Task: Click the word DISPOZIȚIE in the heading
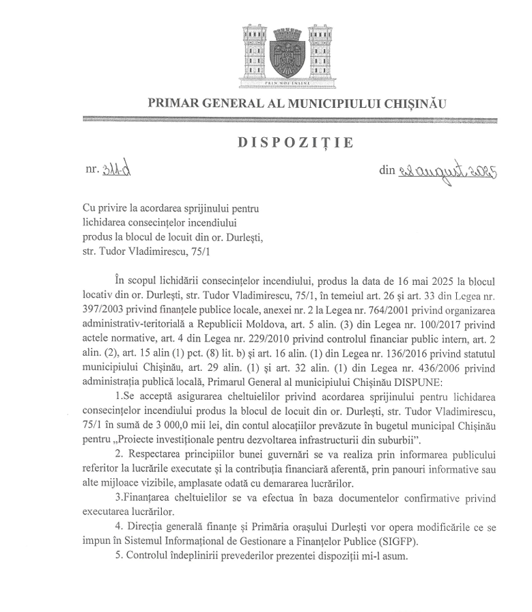pos(296,143)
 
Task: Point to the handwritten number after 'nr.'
pos(115,169)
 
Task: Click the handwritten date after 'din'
pos(447,171)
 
